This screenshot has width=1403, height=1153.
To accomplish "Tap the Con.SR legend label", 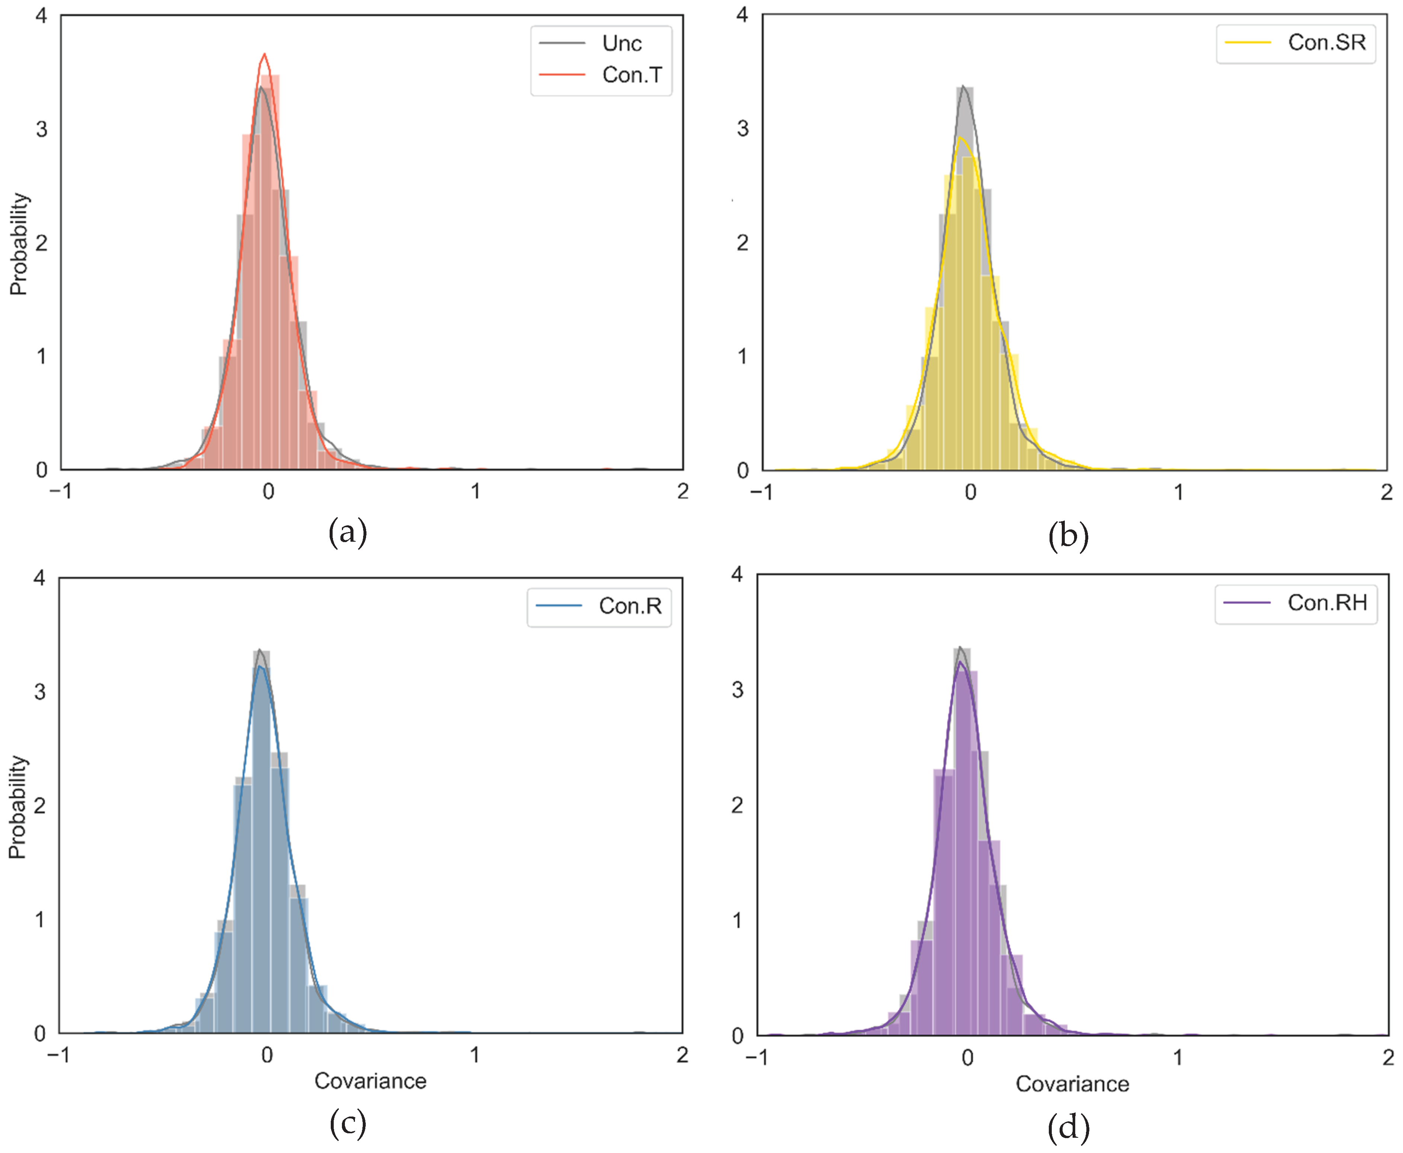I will pyautogui.click(x=1326, y=42).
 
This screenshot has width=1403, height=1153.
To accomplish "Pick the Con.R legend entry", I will pyautogui.click(x=630, y=606).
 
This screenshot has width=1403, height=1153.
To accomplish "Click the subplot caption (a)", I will pyautogui.click(x=347, y=533).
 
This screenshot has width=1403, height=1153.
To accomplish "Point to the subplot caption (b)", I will pyautogui.click(x=1068, y=535).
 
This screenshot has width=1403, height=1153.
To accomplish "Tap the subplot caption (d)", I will pyautogui.click(x=1068, y=1127).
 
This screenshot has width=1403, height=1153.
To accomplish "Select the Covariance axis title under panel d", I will pyautogui.click(x=1072, y=1084).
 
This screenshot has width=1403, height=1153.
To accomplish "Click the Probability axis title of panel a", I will pyautogui.click(x=19, y=244).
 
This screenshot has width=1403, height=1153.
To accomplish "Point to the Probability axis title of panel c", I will pyautogui.click(x=17, y=807).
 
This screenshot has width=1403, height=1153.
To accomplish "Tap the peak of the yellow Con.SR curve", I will pyautogui.click(x=960, y=138).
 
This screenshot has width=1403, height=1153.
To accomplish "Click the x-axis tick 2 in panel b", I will pyautogui.click(x=1386, y=492).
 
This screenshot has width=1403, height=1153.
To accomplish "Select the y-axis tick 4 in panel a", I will pyautogui.click(x=42, y=15).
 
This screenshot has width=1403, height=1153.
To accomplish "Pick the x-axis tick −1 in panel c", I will pyautogui.click(x=58, y=1055).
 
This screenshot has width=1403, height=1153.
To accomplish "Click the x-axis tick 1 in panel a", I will pyautogui.click(x=475, y=491).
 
